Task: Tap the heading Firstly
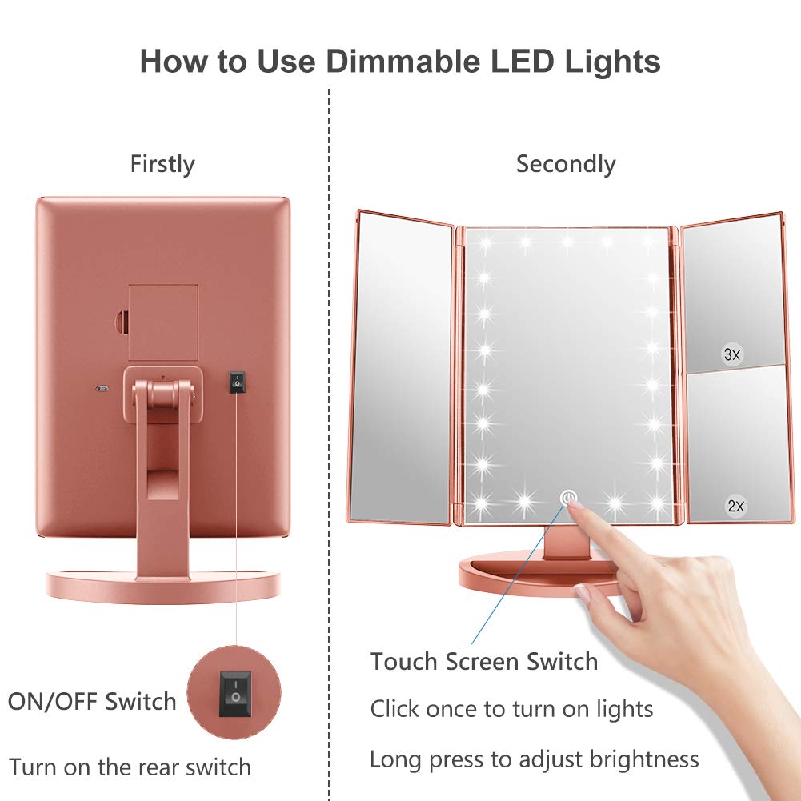click(162, 164)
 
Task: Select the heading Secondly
click(565, 164)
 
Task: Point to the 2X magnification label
click(735, 506)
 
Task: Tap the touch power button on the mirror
click(569, 499)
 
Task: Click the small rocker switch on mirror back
click(236, 382)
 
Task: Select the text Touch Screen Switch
click(484, 662)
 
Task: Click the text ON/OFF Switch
click(92, 702)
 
